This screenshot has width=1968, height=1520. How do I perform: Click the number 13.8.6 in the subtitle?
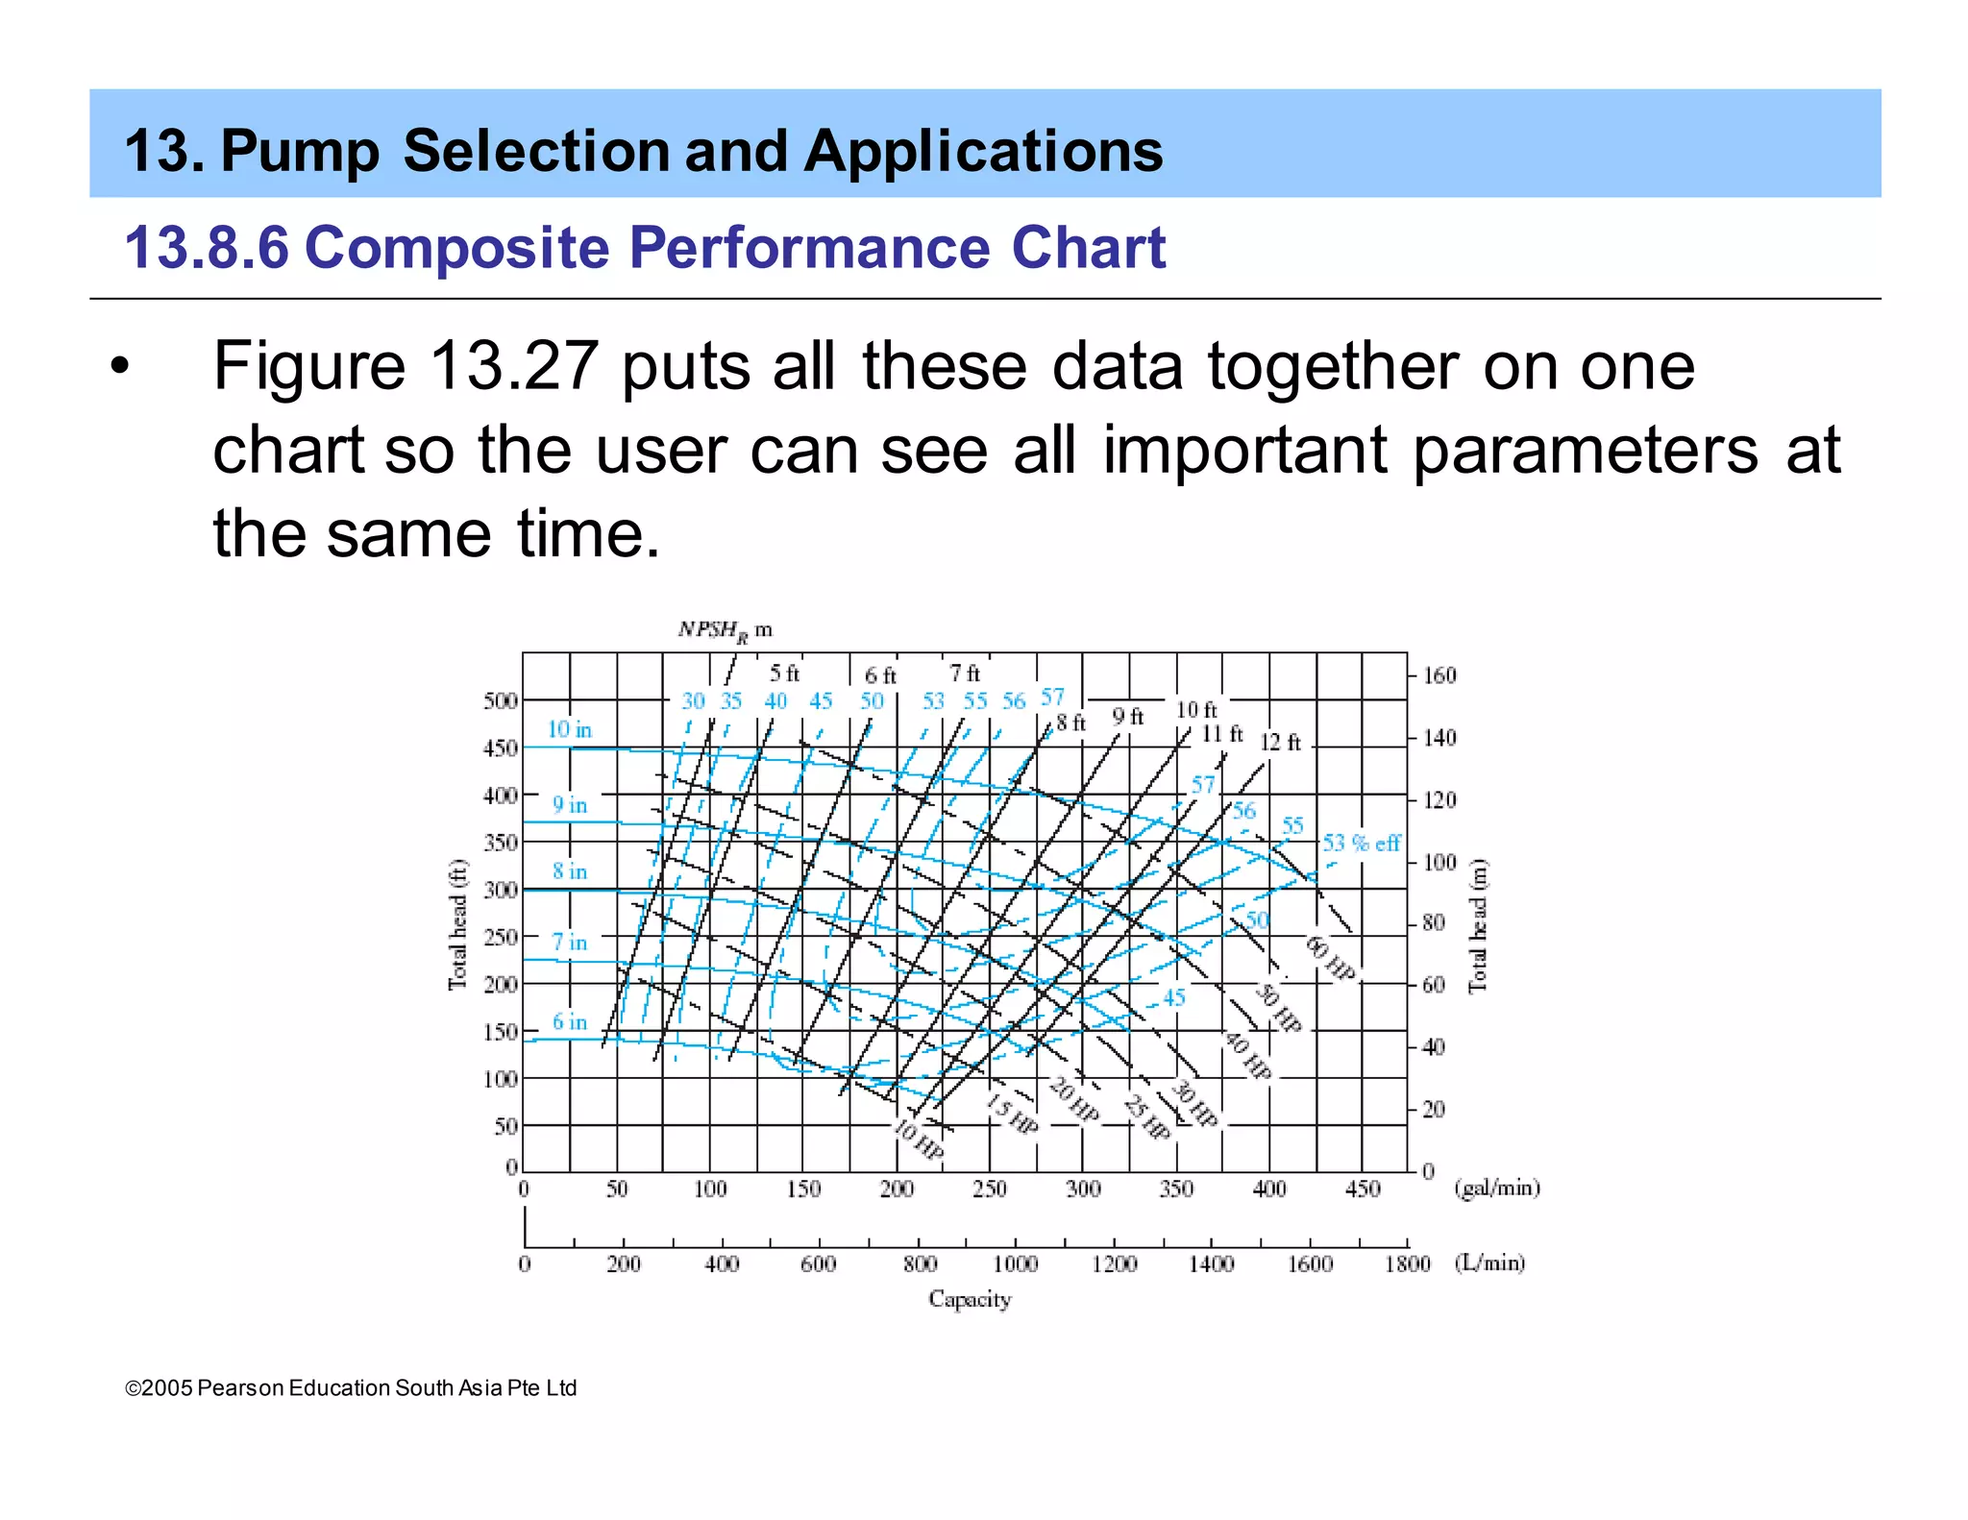tap(207, 248)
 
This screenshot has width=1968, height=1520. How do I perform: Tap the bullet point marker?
tap(118, 366)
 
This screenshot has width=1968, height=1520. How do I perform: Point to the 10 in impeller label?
tap(569, 729)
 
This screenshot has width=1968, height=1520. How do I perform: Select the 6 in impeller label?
tap(569, 1021)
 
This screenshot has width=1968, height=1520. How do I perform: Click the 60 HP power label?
tap(1330, 959)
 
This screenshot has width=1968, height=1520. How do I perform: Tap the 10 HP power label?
tap(918, 1140)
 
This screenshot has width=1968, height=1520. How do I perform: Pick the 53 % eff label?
tap(1361, 843)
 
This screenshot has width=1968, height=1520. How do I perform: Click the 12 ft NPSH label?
tap(1279, 742)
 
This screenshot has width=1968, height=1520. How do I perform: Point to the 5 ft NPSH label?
tap(783, 673)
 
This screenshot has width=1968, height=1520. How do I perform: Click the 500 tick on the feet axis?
tap(500, 700)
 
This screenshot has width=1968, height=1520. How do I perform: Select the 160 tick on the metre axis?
tap(1439, 675)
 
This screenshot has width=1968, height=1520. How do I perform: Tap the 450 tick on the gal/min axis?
tap(1362, 1189)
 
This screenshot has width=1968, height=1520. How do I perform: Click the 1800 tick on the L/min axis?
tap(1407, 1263)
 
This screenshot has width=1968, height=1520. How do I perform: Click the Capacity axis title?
tap(969, 1299)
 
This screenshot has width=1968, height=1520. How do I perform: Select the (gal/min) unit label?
tap(1496, 1189)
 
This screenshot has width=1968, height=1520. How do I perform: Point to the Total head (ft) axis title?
tap(457, 924)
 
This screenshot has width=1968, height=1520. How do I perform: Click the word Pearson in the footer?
tap(241, 1387)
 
